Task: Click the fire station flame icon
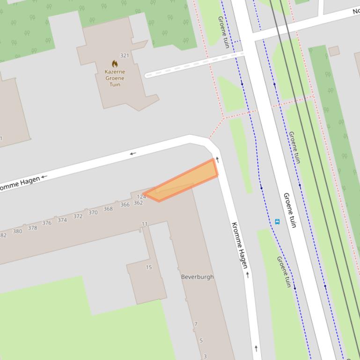115,64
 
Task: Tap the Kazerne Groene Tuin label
115,78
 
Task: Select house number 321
124,55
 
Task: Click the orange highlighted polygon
187,180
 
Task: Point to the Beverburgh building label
197,277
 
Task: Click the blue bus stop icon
277,222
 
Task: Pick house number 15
149,267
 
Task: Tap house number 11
145,224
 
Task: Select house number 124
141,197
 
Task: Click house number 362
138,203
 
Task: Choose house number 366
125,205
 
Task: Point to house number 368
108,209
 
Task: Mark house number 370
93,213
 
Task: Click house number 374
62,220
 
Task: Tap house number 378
32,228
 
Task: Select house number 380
17,231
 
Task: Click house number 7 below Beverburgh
196,324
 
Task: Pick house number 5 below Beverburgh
201,340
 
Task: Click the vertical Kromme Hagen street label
240,245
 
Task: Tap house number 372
78,216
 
